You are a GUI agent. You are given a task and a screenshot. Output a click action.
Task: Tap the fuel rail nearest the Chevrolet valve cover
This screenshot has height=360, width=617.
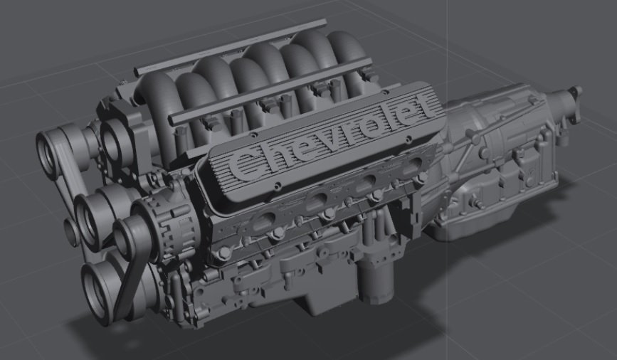click(x=272, y=90)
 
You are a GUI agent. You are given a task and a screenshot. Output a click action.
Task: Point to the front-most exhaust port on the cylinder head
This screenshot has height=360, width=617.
click(x=263, y=223)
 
